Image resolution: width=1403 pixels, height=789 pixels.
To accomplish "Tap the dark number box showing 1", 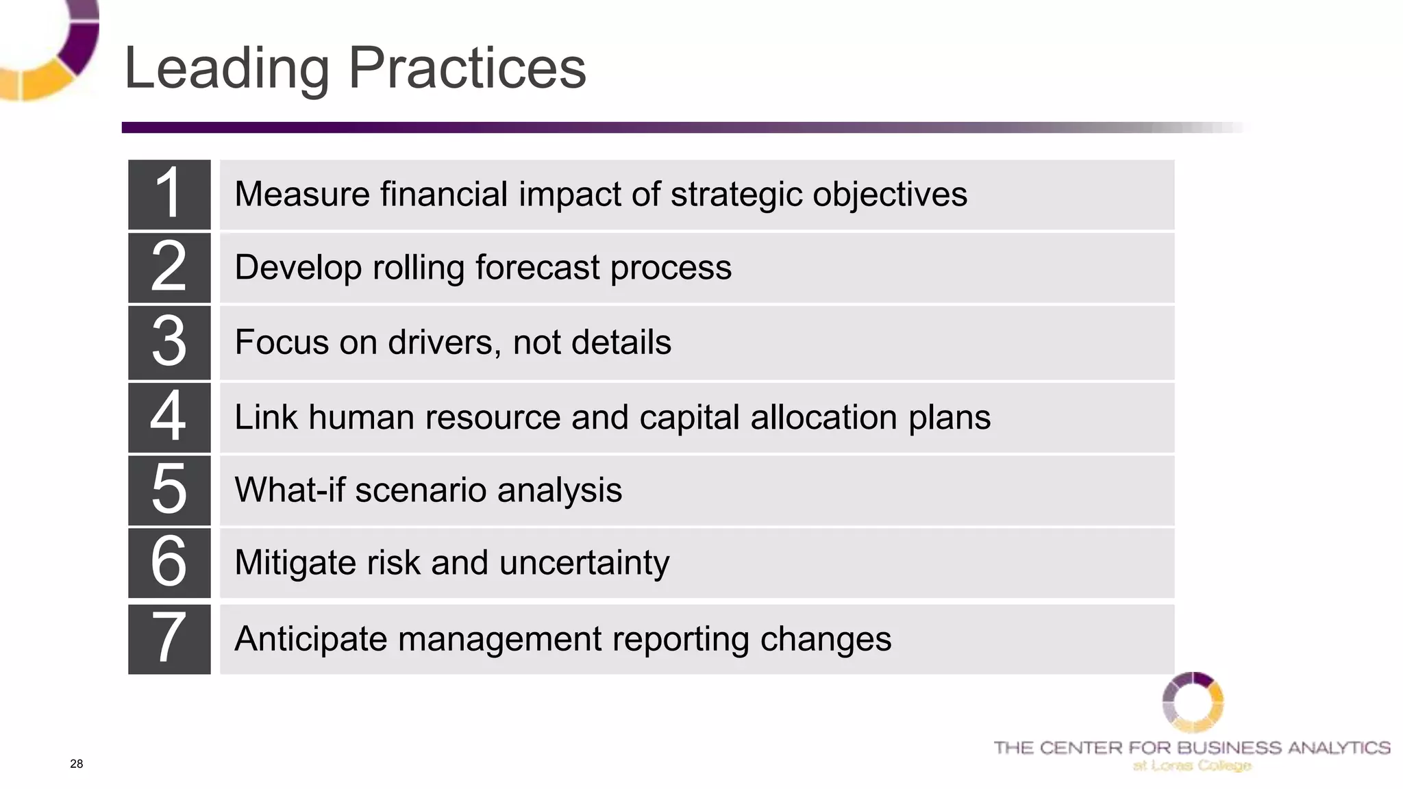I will coord(169,195).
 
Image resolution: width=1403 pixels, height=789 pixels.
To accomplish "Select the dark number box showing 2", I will coord(169,267).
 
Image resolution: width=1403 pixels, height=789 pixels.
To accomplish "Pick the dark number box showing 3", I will coord(169,342).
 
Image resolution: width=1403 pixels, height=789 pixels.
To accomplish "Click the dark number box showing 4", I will coord(169,416).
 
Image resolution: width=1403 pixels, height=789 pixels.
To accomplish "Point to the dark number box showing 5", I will coord(169,490).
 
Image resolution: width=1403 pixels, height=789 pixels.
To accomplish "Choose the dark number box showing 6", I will coord(169,562).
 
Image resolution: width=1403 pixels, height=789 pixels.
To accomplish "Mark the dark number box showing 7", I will coord(169,638).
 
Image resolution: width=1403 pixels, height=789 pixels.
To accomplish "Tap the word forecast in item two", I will coord(537,267).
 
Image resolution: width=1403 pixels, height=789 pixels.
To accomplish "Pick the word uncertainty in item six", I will coord(584,563).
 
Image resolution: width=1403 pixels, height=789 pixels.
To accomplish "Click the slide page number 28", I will coord(76,764).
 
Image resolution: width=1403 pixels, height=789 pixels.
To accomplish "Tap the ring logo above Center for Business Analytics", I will coord(1193,702).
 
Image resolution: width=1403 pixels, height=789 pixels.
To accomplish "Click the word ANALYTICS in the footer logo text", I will coord(1339,748).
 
